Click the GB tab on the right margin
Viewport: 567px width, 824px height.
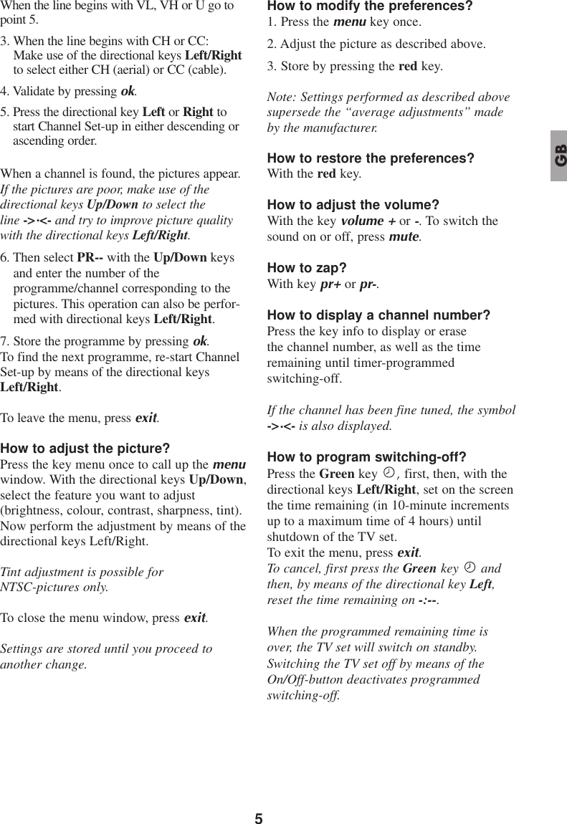[558, 156]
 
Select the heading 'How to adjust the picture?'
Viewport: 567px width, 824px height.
[85, 449]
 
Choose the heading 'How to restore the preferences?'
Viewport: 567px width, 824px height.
[370, 158]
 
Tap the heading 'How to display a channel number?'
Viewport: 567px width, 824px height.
[378, 315]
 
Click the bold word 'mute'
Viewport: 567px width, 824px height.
[404, 236]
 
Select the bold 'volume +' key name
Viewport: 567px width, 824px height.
[363, 221]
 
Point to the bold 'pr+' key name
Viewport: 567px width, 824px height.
[330, 284]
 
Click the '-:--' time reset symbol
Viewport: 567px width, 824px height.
[428, 600]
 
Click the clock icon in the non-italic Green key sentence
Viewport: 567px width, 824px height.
[388, 474]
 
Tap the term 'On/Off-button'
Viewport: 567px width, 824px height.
[305, 679]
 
